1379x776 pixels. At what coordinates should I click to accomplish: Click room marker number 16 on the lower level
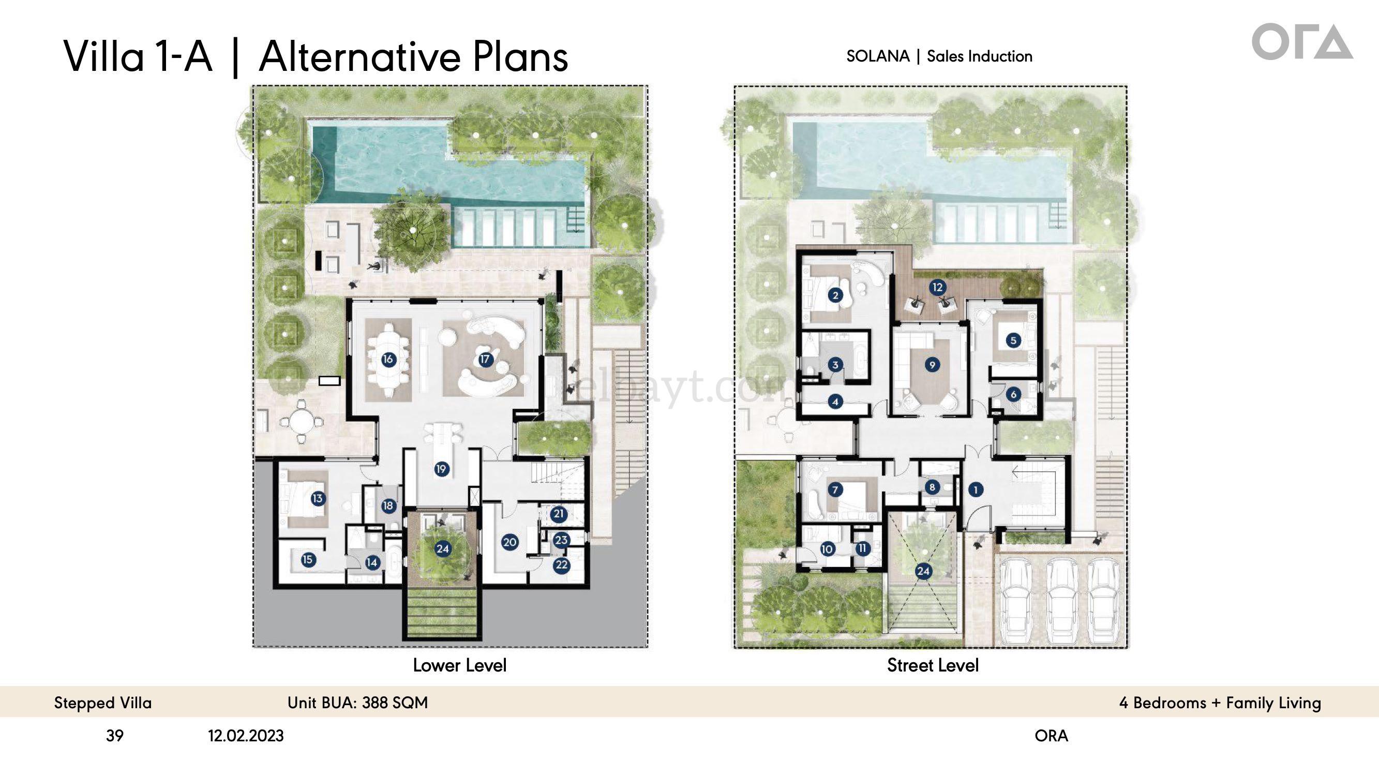[x=388, y=360]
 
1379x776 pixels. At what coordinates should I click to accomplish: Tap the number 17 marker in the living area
[x=485, y=359]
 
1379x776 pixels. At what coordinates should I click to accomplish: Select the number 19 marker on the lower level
[x=441, y=469]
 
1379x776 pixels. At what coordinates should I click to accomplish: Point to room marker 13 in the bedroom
[x=318, y=499]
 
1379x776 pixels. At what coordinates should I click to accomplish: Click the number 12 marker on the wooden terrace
[x=937, y=287]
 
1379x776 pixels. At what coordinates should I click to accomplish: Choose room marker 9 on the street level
[x=932, y=365]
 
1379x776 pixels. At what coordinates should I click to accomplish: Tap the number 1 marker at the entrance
[x=976, y=489]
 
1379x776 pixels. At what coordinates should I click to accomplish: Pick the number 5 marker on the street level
[x=1013, y=340]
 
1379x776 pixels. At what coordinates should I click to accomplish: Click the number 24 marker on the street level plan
[x=923, y=571]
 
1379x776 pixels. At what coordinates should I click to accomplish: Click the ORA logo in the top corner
[x=1302, y=41]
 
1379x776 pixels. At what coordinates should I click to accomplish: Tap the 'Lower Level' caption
[x=459, y=665]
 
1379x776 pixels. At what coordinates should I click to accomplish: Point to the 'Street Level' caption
[x=933, y=665]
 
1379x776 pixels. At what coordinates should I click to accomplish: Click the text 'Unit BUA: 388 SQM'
[x=357, y=703]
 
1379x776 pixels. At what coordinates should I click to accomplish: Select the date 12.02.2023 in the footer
[x=246, y=736]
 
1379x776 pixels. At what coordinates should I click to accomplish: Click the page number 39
[x=114, y=736]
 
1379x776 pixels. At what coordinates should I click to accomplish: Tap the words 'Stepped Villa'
[x=103, y=703]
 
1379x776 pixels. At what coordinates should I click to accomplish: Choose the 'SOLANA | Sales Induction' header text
[x=939, y=56]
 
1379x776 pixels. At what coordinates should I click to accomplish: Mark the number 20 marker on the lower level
[x=509, y=542]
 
